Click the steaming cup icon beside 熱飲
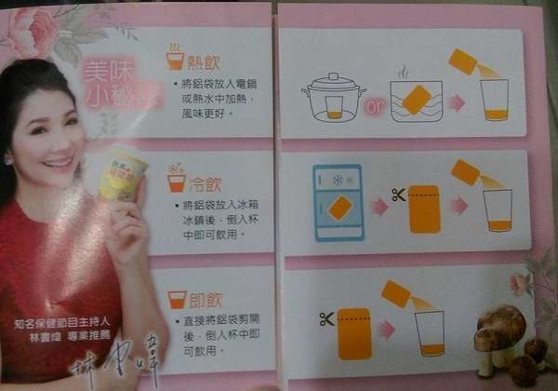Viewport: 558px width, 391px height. tap(175, 58)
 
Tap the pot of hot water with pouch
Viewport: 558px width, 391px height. tap(415, 96)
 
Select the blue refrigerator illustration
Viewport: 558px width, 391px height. tap(339, 204)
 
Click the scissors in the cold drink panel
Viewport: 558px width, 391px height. tap(398, 195)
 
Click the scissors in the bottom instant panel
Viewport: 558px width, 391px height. tap(326, 319)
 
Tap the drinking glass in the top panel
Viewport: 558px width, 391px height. tap(494, 100)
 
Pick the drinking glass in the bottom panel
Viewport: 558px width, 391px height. tap(430, 332)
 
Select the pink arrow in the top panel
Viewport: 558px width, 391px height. tap(457, 101)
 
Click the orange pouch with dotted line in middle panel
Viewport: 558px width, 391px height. tap(423, 209)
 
